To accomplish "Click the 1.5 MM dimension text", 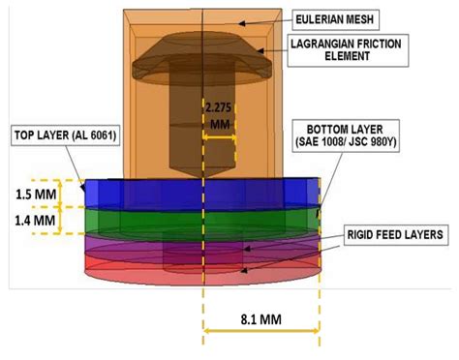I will [31, 193].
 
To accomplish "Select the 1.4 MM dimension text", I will [31, 222].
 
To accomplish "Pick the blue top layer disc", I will [145, 194].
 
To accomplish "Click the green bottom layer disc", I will [145, 221].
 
